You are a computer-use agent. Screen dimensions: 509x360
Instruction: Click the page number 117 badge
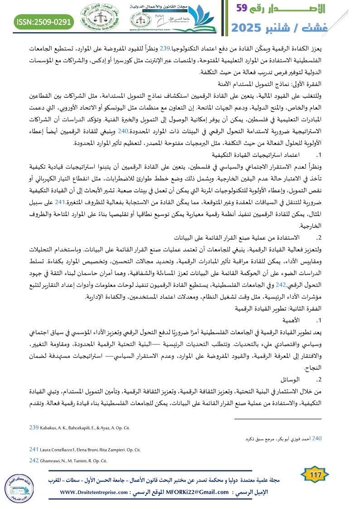coord(313,475)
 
